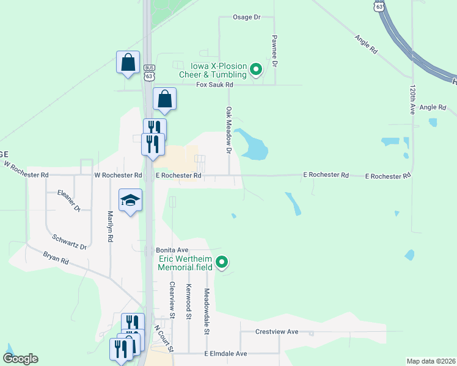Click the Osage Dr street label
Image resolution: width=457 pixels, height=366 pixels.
point(246,17)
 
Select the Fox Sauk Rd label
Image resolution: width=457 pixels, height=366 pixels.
point(214,85)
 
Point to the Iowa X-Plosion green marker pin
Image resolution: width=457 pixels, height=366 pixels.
point(256,70)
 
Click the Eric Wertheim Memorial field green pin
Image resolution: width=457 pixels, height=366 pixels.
point(222,263)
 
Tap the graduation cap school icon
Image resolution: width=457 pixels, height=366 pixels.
point(130,199)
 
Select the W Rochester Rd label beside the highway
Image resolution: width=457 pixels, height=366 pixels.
point(118,175)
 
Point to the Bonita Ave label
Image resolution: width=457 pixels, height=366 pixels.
point(172,250)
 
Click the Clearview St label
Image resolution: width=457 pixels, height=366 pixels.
point(172,301)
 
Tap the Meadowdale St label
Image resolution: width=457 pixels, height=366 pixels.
point(207,312)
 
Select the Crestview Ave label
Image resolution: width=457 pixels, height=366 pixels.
point(277,332)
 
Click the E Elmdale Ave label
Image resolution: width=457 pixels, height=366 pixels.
point(225,354)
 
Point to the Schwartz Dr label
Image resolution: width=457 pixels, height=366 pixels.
point(69,242)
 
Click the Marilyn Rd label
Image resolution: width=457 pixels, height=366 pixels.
point(111,227)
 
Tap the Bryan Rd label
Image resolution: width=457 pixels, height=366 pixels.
point(56,260)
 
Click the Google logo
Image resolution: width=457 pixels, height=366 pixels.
point(20,359)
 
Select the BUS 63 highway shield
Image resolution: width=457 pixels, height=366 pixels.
point(149,72)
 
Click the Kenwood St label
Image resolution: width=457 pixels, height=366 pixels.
point(189,302)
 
